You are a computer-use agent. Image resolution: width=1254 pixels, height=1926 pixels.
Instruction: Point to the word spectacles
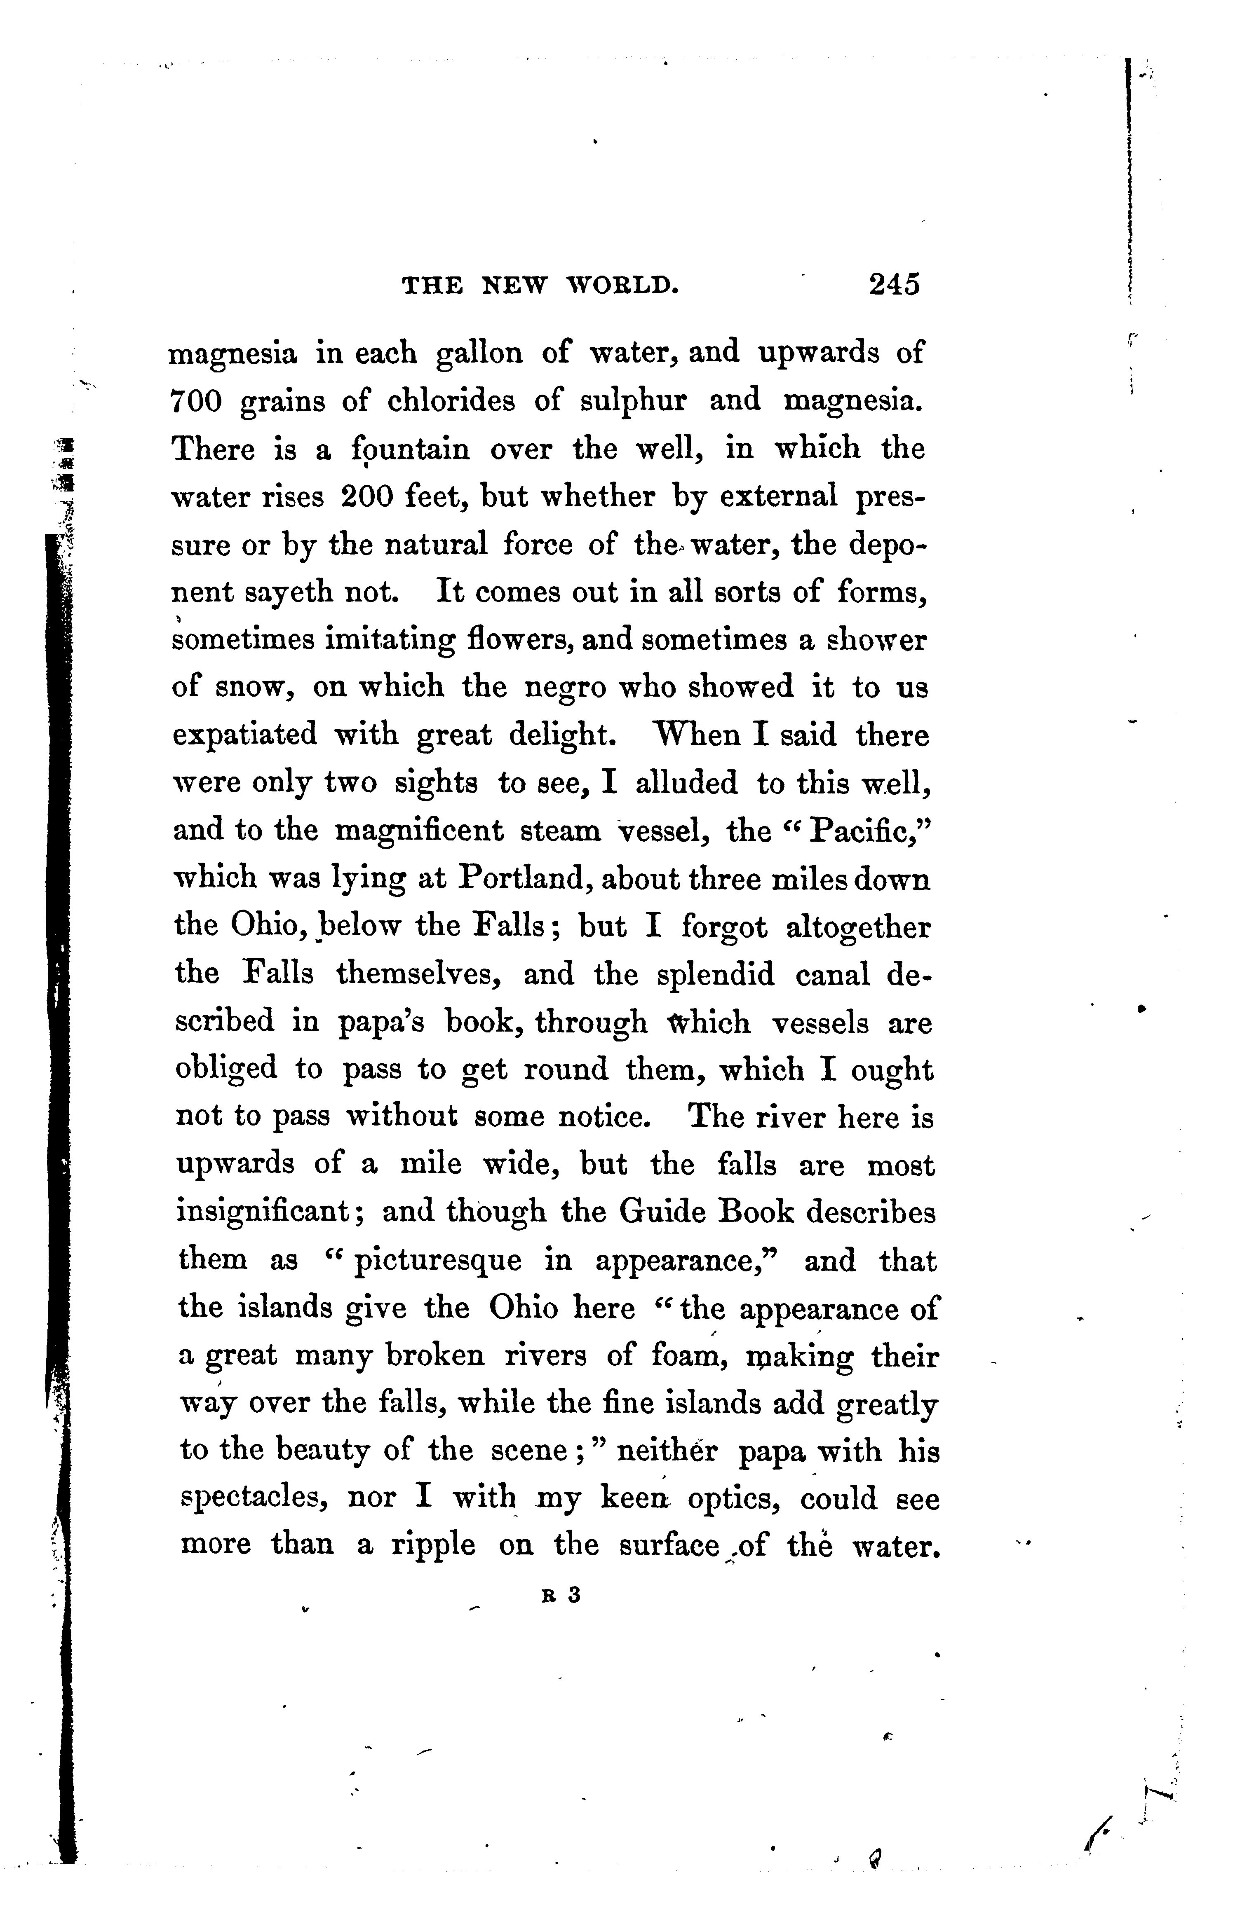coord(253,1500)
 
